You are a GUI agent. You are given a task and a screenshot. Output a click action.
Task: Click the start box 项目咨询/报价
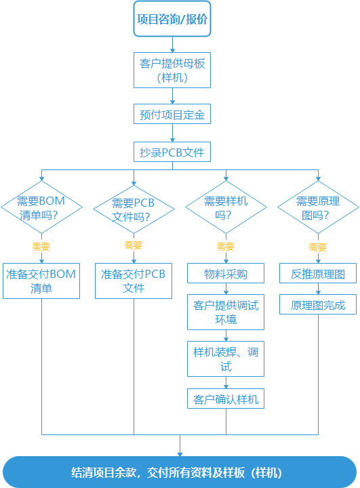point(172,20)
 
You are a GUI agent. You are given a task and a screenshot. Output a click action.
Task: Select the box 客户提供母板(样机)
point(172,70)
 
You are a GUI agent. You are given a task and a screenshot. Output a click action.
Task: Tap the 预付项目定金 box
point(172,115)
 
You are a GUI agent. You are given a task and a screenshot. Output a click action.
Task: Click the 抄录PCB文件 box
point(172,151)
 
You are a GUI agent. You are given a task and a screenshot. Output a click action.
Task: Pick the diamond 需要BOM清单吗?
point(41,208)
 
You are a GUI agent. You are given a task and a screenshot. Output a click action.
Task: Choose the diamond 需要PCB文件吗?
point(134,209)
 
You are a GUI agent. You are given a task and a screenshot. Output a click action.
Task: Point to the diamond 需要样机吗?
point(226,208)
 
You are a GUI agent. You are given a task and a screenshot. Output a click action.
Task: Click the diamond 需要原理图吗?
point(318,208)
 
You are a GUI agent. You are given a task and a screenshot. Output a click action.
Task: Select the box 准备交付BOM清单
point(41,281)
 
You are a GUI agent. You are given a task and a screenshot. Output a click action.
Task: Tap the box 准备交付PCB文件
point(134,281)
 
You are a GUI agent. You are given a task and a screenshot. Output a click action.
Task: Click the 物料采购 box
point(226,274)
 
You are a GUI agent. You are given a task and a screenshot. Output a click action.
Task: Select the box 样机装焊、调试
point(226,359)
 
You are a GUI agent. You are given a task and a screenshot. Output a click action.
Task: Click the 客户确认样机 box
point(226,399)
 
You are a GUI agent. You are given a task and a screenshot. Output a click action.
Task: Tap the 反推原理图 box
point(318,274)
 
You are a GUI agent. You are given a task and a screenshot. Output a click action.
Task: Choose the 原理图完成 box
point(318,305)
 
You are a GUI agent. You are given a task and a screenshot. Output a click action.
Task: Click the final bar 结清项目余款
point(180,472)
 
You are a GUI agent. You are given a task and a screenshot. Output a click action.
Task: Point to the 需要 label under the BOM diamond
point(41,246)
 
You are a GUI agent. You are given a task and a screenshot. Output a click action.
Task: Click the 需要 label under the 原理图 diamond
point(318,247)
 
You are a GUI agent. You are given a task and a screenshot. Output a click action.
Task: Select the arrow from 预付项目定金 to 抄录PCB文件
point(172,133)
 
